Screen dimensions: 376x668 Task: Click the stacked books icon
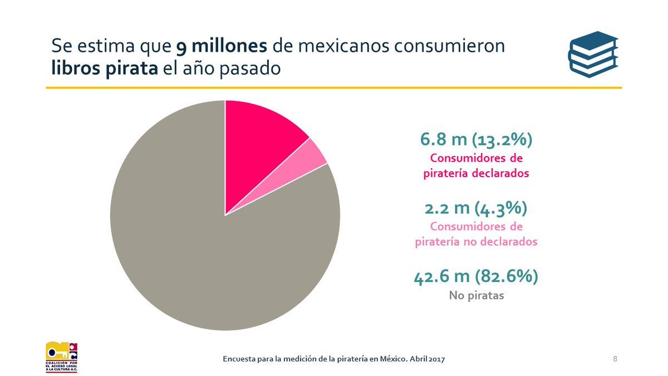pyautogui.click(x=593, y=54)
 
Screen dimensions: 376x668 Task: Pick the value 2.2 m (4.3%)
pyautogui.click(x=476, y=209)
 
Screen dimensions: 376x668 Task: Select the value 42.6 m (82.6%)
pyautogui.click(x=476, y=277)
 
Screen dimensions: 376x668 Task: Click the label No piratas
pyautogui.click(x=476, y=296)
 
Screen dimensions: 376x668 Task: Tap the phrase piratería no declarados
pyautogui.click(x=476, y=242)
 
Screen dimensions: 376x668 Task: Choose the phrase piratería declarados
pyautogui.click(x=476, y=173)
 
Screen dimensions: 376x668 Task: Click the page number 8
pyautogui.click(x=615, y=358)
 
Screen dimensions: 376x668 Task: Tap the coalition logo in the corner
pyautogui.click(x=61, y=357)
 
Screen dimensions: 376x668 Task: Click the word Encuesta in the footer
pyautogui.click(x=239, y=359)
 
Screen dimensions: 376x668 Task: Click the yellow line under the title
pyautogui.click(x=334, y=87)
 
